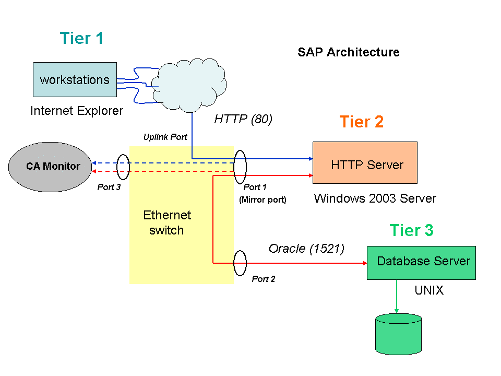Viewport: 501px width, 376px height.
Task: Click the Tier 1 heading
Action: tap(81, 38)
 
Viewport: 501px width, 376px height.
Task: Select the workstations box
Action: tap(75, 80)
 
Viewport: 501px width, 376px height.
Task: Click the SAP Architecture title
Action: tap(348, 52)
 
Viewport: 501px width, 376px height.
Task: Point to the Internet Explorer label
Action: tap(77, 111)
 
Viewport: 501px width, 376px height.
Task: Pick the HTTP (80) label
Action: tap(243, 119)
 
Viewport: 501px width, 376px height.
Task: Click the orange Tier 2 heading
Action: tap(362, 122)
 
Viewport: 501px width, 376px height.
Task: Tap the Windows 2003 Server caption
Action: tap(375, 198)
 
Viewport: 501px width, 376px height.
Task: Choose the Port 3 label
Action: tap(109, 187)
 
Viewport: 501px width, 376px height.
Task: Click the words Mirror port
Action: tap(263, 199)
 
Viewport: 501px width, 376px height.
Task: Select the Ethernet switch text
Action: tap(167, 222)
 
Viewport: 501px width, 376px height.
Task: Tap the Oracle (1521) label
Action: tap(306, 249)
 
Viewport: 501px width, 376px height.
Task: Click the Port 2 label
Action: tap(263, 279)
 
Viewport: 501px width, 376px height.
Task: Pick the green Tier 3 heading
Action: tap(411, 230)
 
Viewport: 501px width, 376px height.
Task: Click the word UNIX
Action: tap(429, 290)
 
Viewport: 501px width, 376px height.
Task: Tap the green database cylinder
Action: tap(398, 334)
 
